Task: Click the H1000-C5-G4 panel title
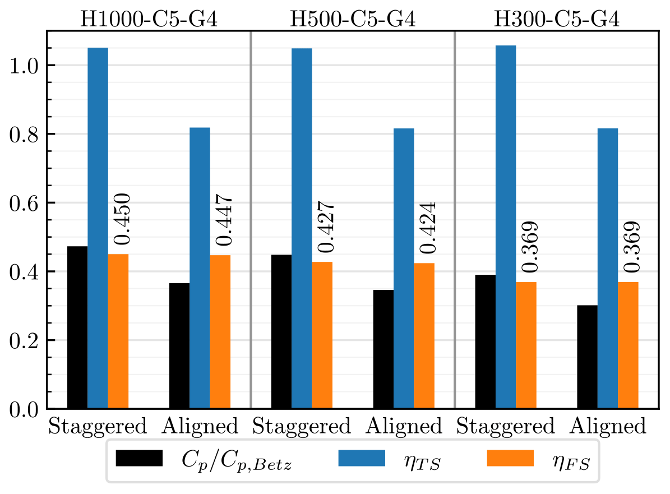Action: pyautogui.click(x=149, y=20)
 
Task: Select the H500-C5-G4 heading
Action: pyautogui.click(x=352, y=20)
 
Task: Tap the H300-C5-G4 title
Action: pyautogui.click(x=556, y=20)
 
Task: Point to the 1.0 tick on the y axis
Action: pyautogui.click(x=25, y=66)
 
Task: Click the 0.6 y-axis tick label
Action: pyautogui.click(x=25, y=204)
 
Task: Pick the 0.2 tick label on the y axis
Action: pyautogui.click(x=25, y=341)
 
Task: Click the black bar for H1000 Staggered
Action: pyautogui.click(x=77, y=327)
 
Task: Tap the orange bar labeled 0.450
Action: pyautogui.click(x=118, y=331)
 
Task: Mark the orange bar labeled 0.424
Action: pyautogui.click(x=424, y=335)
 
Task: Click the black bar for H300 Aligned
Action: pyautogui.click(x=587, y=357)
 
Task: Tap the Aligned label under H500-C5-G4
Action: pyautogui.click(x=404, y=427)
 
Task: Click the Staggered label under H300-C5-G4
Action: pyautogui.click(x=506, y=427)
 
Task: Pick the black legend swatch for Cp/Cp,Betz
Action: pyautogui.click(x=139, y=458)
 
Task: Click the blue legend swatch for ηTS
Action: pyautogui.click(x=362, y=458)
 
